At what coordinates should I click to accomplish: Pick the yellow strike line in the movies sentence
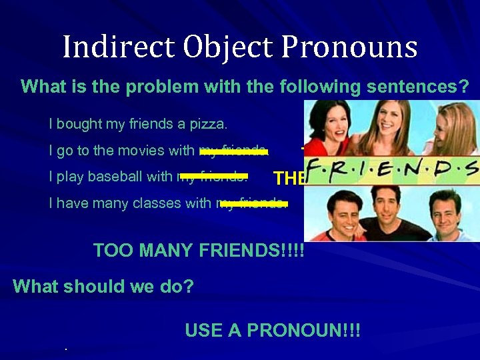pos(233,152)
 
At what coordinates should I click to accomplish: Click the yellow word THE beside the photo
pos(289,179)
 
